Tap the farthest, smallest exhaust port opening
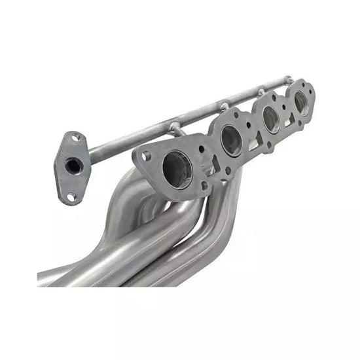coord(301,102)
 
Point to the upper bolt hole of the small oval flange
coord(77,138)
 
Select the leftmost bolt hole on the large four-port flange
coord(145,156)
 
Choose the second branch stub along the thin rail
coord(224,107)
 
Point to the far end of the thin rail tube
coord(289,81)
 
